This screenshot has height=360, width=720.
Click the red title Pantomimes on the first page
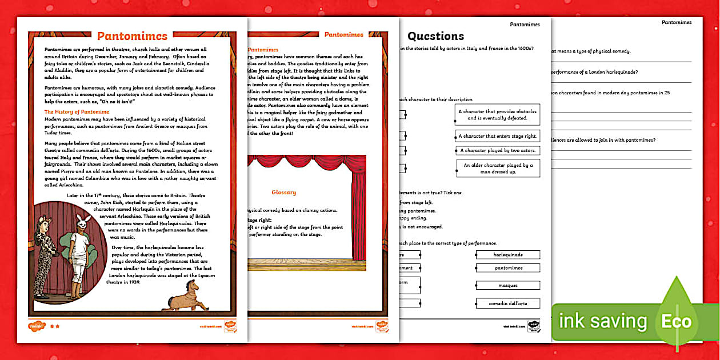tap(132, 37)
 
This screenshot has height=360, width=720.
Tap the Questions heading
tap(435, 37)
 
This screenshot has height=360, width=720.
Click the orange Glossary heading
tap(283, 193)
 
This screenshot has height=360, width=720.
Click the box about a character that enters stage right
tap(498, 137)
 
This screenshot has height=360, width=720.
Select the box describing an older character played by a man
tap(498, 168)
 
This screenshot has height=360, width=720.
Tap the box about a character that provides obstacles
tap(498, 114)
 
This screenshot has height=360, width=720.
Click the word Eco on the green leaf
tap(677, 321)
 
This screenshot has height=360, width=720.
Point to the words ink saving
tap(603, 321)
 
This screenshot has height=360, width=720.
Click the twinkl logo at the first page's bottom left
tap(36, 326)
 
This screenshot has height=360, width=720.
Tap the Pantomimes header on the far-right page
tap(677, 22)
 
